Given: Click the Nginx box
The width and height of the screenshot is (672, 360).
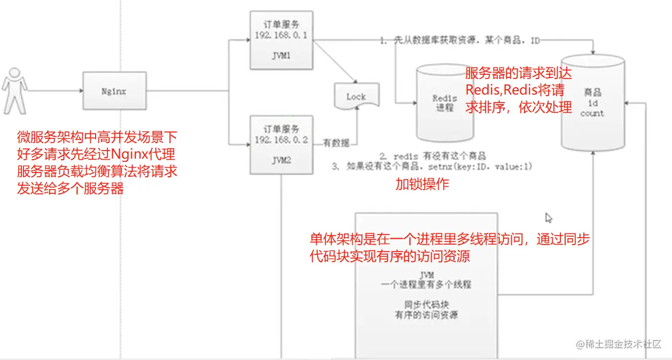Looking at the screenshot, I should click(114, 91).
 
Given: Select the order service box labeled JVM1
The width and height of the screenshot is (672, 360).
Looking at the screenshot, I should click(281, 41).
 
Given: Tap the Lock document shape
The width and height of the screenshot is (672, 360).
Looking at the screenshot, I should click(356, 97).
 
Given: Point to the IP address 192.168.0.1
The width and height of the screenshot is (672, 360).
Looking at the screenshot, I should click(281, 35).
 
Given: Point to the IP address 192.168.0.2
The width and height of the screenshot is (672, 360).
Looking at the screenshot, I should click(281, 140).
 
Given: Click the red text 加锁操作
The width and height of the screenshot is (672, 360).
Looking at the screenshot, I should click(422, 184).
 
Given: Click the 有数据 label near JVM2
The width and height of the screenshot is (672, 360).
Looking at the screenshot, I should click(337, 143).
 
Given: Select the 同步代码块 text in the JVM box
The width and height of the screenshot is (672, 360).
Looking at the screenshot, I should click(426, 304).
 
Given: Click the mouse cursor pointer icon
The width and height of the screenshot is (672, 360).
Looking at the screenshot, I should click(548, 217).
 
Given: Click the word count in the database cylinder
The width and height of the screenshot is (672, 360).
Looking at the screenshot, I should click(592, 113).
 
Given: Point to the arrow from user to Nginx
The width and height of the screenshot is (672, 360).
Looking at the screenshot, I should click(53, 91).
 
